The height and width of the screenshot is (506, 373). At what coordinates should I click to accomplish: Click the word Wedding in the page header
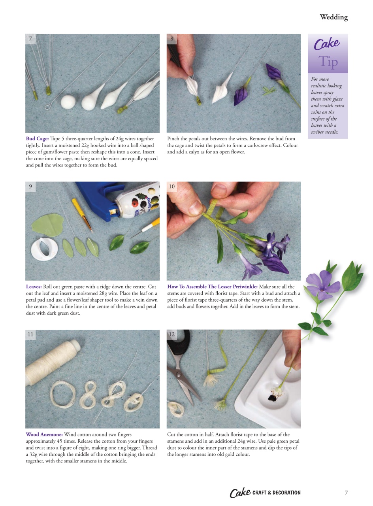pyautogui.click(x=333, y=17)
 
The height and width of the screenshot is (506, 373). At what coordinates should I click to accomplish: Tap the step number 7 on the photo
pyautogui.click(x=30, y=39)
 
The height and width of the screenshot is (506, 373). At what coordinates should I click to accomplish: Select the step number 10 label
pyautogui.click(x=171, y=187)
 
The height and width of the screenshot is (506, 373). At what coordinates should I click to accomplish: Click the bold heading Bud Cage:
pyautogui.click(x=38, y=139)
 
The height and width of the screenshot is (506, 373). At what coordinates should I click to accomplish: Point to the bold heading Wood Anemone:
pyautogui.click(x=44, y=434)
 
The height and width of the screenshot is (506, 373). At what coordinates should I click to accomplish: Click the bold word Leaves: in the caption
pyautogui.click(x=34, y=287)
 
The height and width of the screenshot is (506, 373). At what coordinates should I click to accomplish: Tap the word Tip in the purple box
pyautogui.click(x=328, y=62)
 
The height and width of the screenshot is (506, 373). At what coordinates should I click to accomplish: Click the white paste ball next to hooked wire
pyautogui.click(x=68, y=102)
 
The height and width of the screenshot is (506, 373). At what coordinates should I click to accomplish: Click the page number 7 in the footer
pyautogui.click(x=346, y=493)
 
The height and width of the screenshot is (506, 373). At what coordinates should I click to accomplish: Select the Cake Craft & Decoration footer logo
pyautogui.click(x=265, y=493)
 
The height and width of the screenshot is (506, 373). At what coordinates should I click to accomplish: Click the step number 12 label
pyautogui.click(x=171, y=334)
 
